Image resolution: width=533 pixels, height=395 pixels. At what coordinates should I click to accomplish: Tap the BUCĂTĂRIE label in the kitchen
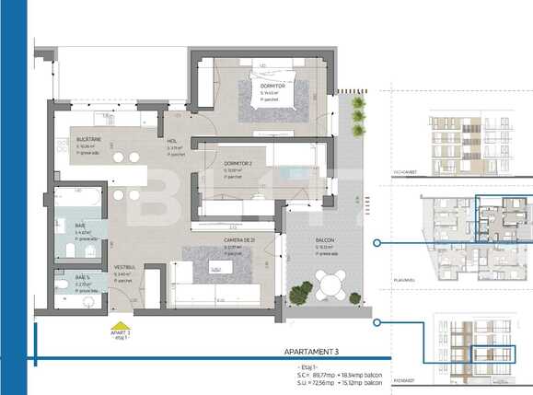[64, 139]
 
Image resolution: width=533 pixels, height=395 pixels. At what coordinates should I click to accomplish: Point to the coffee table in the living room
[215, 268]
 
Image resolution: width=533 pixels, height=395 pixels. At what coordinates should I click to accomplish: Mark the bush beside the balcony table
[300, 294]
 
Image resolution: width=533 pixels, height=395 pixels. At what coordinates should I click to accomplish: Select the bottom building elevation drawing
[475, 347]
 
